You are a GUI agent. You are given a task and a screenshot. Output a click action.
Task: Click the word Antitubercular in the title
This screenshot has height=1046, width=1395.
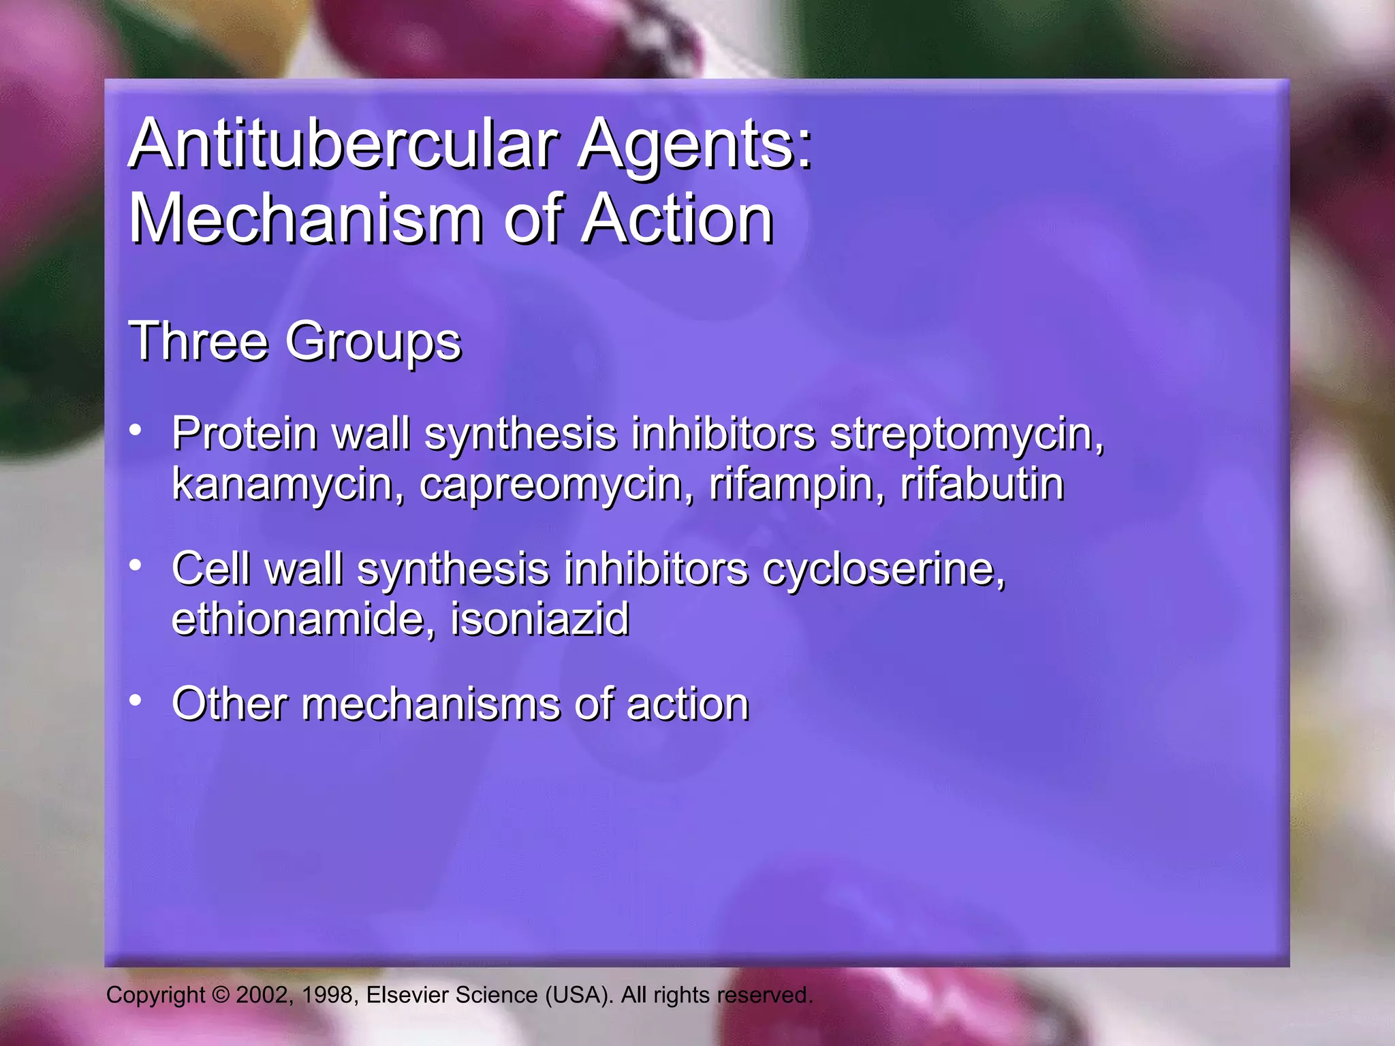pos(344,144)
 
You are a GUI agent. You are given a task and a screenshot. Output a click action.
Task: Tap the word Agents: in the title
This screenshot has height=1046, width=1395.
pos(695,144)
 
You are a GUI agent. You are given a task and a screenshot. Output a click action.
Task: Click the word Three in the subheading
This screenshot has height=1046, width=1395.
pos(198,340)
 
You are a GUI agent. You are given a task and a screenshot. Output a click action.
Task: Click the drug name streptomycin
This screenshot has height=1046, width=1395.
pos(967,434)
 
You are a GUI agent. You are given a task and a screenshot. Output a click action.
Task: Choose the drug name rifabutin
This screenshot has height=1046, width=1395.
pos(982,485)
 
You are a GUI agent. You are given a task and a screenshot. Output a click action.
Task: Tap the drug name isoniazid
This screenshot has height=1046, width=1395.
pos(540,620)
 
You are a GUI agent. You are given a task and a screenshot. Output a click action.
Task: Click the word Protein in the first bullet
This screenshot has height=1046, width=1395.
pos(245,433)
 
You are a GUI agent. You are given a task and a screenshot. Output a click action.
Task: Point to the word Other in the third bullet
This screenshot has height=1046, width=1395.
pos(230,704)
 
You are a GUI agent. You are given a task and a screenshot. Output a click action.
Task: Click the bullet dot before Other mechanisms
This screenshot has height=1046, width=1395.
pos(136,700)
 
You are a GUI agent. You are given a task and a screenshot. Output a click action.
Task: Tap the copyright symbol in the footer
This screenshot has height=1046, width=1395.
pos(221,995)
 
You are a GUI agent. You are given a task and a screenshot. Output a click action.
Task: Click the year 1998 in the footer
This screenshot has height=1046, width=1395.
pos(327,995)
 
